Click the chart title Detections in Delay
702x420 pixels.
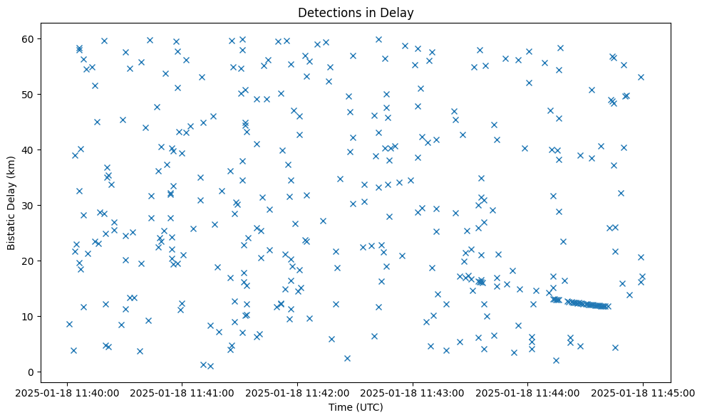(x=355, y=13)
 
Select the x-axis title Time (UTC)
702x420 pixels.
(x=355, y=407)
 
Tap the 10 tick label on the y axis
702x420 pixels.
(x=29, y=316)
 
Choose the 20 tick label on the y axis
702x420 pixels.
(x=29, y=261)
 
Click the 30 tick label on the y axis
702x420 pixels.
(x=29, y=205)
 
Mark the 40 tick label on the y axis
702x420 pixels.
(x=29, y=149)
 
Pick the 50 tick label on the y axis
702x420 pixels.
(x=29, y=94)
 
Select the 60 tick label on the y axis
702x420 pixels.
(x=29, y=38)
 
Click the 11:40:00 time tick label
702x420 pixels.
(x=66, y=392)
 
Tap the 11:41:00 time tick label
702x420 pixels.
(x=182, y=392)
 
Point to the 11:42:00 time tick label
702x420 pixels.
(x=297, y=392)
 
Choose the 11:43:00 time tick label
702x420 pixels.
(x=413, y=392)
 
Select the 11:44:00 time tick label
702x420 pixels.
(x=528, y=392)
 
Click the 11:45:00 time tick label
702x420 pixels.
(x=643, y=392)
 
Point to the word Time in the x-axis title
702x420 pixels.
(x=339, y=407)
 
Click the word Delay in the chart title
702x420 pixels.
(x=400, y=13)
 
